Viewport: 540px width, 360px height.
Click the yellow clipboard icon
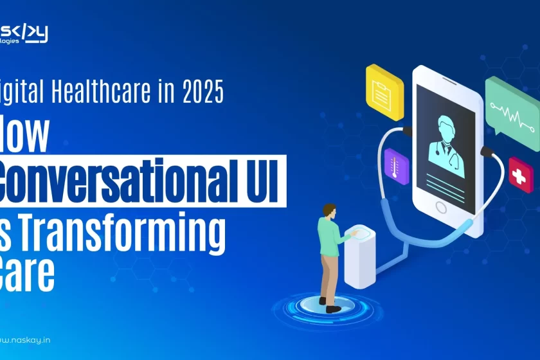coord(384,93)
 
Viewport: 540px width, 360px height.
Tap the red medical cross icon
coord(520,174)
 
